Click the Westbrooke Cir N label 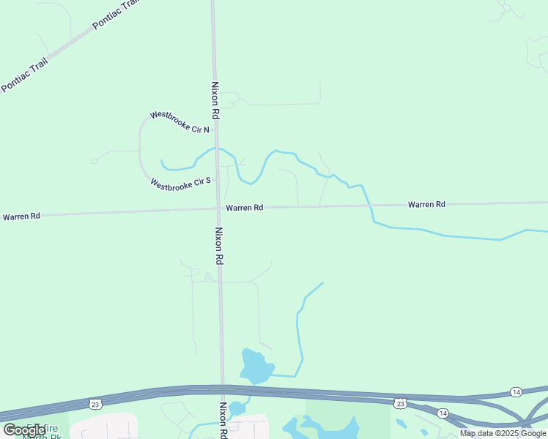coord(179,122)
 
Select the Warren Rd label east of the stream coord(426,204)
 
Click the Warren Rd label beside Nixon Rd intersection coord(244,208)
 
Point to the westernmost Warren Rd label coord(21,217)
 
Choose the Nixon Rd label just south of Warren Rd coord(219,244)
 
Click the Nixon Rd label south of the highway coord(224,420)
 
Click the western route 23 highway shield coord(95,403)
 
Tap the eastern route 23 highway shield coord(399,403)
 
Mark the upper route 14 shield coord(516,392)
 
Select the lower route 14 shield coord(443,413)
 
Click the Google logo coord(24,430)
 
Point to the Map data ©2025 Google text coord(503,433)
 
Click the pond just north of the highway coord(255,366)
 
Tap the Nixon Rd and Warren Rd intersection coord(218,209)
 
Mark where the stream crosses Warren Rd coord(370,206)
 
